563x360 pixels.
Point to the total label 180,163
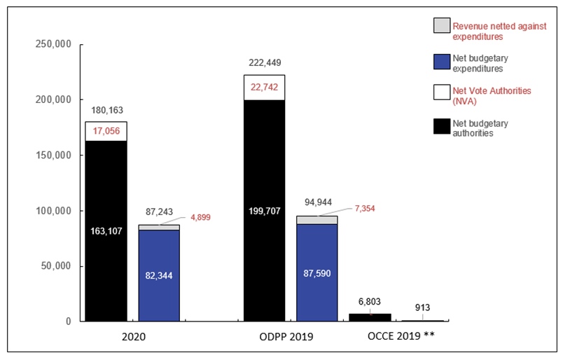coord(106,111)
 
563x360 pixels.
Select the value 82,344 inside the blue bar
coord(159,275)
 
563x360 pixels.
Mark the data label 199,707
coord(264,210)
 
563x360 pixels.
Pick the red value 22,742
coord(264,86)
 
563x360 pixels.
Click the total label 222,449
coord(264,63)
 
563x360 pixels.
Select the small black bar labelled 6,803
coord(370,317)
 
